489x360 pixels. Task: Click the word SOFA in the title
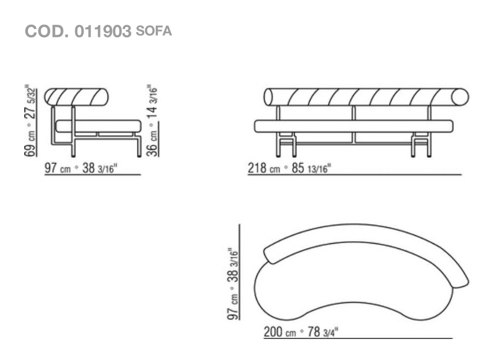coord(154,31)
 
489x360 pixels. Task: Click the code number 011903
coord(103,32)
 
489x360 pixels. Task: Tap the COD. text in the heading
coord(46,32)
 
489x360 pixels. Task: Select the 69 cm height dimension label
coord(30,146)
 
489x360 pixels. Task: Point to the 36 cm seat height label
coord(152,144)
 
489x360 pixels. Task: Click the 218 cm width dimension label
coord(264,168)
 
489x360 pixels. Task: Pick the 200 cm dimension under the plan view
coord(280,332)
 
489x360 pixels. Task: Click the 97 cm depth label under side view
coord(58,168)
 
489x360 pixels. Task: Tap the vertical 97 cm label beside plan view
coord(233,307)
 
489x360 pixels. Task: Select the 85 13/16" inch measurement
coord(311,168)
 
